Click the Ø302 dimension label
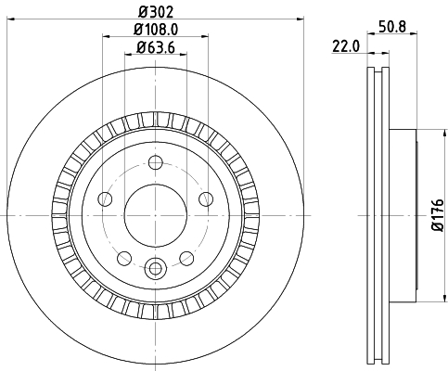(x=156, y=12)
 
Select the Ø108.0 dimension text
(x=156, y=30)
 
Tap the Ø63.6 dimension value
(x=156, y=48)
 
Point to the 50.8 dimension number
(x=392, y=27)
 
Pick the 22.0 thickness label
(x=346, y=46)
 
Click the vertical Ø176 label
(x=438, y=215)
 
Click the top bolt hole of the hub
(x=156, y=162)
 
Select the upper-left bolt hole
(x=105, y=198)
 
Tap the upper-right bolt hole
(x=206, y=198)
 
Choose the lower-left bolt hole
(x=124, y=258)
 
